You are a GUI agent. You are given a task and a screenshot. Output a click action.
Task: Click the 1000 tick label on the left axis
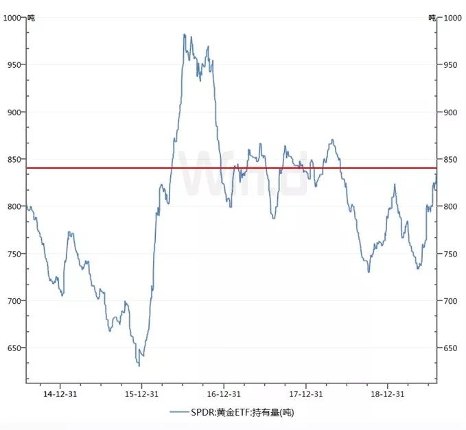(x=13, y=18)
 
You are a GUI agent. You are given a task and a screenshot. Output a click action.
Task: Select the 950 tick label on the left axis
(x=14, y=64)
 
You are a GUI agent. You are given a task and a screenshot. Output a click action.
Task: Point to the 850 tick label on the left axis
(x=14, y=159)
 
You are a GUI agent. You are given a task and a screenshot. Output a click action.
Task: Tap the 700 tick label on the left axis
(x=14, y=301)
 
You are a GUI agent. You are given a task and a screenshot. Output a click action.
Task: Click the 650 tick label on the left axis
(x=14, y=348)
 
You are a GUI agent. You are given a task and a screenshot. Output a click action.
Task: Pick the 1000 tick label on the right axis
(x=453, y=18)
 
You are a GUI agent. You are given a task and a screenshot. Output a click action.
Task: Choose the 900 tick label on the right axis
(x=451, y=112)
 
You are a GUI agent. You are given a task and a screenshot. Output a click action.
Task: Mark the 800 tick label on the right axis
(x=451, y=206)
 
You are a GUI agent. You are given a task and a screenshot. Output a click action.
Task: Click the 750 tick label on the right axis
(x=451, y=254)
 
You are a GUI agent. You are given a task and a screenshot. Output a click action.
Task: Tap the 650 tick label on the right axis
(x=451, y=348)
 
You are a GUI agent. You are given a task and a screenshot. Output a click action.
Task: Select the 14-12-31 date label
(x=59, y=394)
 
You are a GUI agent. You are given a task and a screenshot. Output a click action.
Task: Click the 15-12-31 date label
(x=141, y=394)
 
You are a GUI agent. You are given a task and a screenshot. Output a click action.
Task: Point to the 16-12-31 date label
(x=224, y=394)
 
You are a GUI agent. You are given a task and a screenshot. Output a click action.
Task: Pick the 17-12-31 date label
(x=305, y=394)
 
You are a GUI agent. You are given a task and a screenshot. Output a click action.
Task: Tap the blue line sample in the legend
(x=179, y=412)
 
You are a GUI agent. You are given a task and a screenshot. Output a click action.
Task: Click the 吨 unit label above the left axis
(x=31, y=18)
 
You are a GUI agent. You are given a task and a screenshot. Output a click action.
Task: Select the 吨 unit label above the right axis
(x=432, y=18)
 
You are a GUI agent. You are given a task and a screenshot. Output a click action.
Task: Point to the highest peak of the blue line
(x=184, y=35)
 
